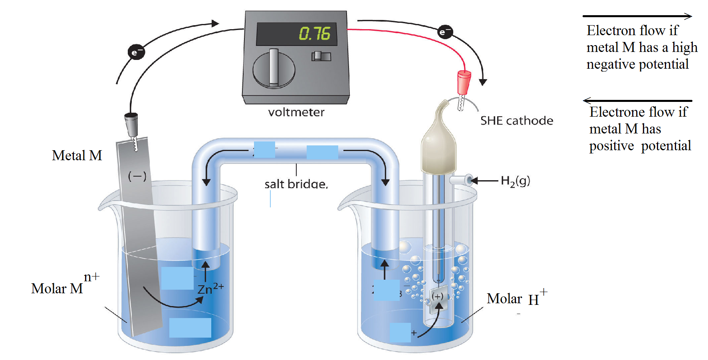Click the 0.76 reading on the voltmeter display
pos(315,34)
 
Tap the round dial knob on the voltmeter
pos(274,69)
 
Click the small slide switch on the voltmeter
pos(321,56)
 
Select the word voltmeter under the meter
pos(296,112)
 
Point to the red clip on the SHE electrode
pos(464,82)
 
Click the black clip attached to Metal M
pos(131,123)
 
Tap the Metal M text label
pos(77,155)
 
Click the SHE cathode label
pos(516,121)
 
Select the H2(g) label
pos(515,181)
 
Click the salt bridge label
pos(296,184)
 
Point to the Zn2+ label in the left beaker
pos(210,288)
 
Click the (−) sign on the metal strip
pos(137,176)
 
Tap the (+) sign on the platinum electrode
pos(438,296)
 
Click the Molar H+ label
pos(516,298)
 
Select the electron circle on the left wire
pos(136,52)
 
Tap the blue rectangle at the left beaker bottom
pos(190,328)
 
